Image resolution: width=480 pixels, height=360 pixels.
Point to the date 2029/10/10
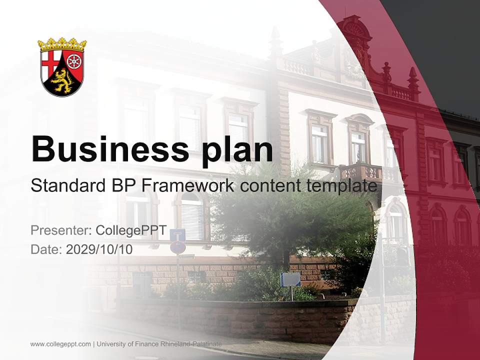pyautogui.click(x=99, y=249)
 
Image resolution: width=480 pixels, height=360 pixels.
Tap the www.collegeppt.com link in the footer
pyautogui.click(x=60, y=344)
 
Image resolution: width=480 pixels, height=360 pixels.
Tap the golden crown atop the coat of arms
pyautogui.click(x=62, y=44)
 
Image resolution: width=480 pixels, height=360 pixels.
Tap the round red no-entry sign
pyautogui.click(x=178, y=247)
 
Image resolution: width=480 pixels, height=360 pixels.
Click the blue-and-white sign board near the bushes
pyautogui.click(x=290, y=279)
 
